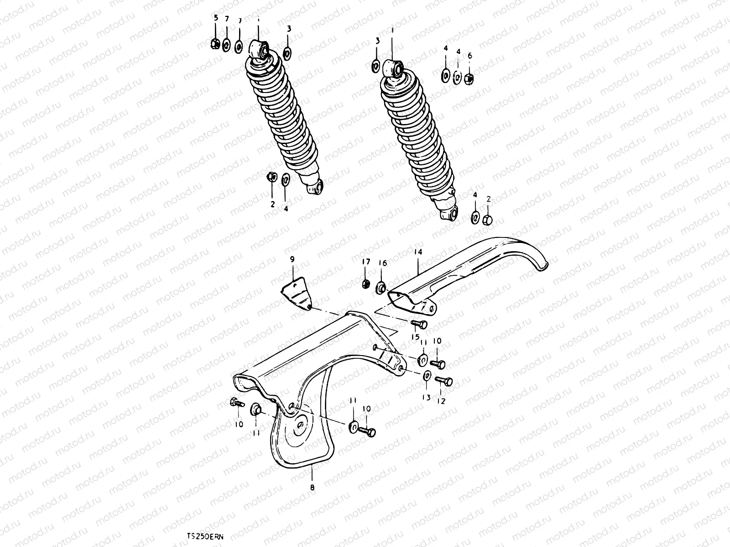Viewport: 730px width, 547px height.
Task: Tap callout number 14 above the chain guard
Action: pos(418,252)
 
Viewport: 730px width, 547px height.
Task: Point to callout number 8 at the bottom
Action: pos(313,487)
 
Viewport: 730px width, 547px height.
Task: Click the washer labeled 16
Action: pos(381,288)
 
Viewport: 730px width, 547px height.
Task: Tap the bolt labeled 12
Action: pos(443,380)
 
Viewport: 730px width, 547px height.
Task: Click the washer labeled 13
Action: pos(427,377)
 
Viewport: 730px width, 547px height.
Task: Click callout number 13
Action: pos(426,397)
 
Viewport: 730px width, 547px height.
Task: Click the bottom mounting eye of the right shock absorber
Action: pos(449,213)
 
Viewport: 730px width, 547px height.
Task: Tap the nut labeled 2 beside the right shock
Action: pos(487,220)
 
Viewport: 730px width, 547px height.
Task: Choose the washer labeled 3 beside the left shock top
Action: pos(287,54)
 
